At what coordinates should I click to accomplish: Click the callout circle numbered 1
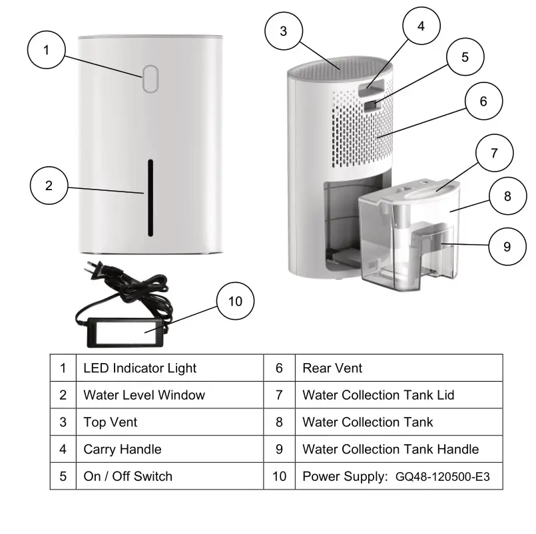tap(47, 50)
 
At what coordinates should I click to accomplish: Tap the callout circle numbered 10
tap(235, 301)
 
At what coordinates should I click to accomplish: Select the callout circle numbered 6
tap(483, 102)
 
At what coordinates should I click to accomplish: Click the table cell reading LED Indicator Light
tap(140, 368)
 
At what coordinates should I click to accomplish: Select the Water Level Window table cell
tap(144, 395)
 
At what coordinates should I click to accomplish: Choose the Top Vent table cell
tap(111, 422)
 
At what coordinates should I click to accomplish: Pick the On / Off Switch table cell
tap(128, 476)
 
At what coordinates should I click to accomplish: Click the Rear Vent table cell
tap(332, 368)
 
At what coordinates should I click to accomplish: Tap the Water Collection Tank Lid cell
tap(378, 395)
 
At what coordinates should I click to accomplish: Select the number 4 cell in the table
tap(63, 449)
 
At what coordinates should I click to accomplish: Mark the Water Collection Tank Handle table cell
tap(390, 449)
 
